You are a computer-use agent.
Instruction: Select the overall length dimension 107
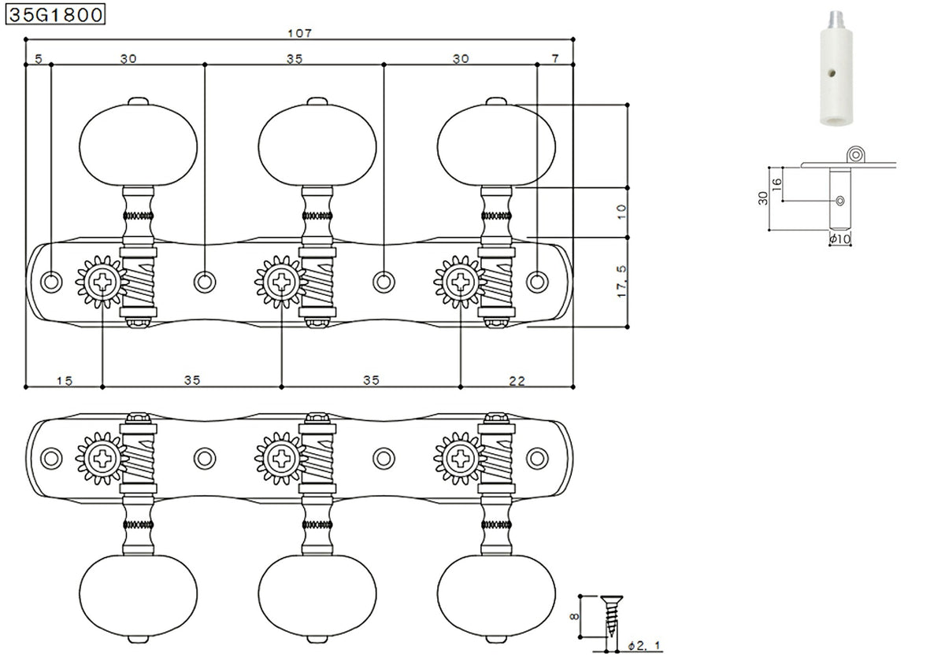[x=300, y=33]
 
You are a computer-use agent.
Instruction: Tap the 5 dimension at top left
[x=38, y=58]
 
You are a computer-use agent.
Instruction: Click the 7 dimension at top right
[x=555, y=58]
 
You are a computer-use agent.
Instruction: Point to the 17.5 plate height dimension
[x=621, y=281]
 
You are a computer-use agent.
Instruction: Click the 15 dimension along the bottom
[x=65, y=380]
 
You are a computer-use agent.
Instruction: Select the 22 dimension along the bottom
[x=517, y=380]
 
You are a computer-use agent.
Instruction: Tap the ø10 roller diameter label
[x=839, y=238]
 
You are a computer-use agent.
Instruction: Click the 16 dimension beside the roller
[x=776, y=184]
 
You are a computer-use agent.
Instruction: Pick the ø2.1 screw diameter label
[x=645, y=646]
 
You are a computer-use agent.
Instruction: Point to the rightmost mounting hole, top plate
[x=537, y=281]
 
